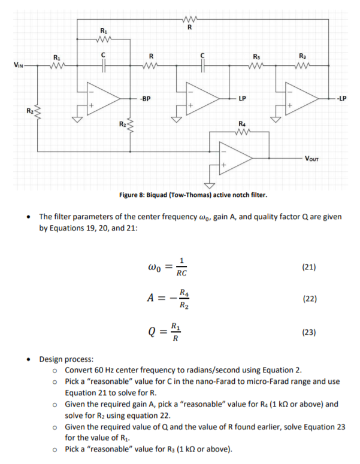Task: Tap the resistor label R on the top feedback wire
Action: [x=190, y=26]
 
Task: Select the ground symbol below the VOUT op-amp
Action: [x=210, y=184]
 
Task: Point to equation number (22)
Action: [x=308, y=298]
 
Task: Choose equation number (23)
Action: [x=308, y=331]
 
